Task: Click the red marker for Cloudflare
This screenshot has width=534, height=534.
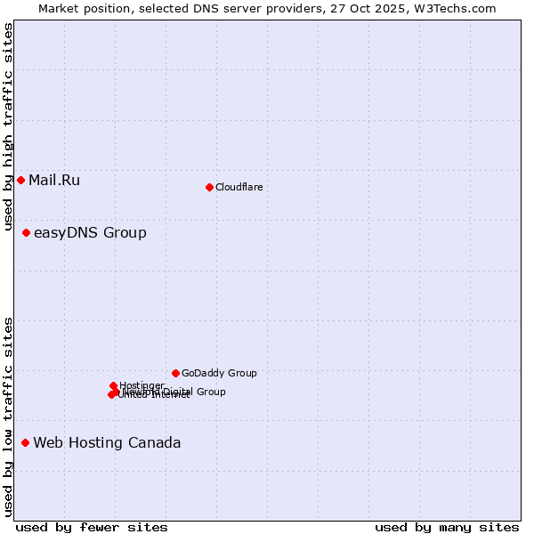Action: click(x=209, y=187)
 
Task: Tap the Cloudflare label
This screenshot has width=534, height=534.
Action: click(x=239, y=187)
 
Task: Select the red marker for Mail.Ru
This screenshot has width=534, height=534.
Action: click(x=20, y=181)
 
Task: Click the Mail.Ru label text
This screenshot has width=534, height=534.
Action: click(x=54, y=181)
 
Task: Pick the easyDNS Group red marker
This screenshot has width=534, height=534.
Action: click(x=26, y=233)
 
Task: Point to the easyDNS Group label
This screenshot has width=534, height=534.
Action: click(x=90, y=233)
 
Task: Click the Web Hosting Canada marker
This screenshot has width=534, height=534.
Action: click(x=25, y=443)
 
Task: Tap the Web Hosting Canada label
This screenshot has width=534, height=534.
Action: click(x=107, y=443)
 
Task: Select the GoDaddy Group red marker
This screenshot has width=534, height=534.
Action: click(x=175, y=374)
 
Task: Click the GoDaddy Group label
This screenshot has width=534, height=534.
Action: click(x=219, y=374)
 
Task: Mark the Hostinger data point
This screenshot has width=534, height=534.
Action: click(x=113, y=386)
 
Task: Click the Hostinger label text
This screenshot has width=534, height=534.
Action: click(x=142, y=385)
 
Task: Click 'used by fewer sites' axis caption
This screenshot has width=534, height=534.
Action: click(x=92, y=527)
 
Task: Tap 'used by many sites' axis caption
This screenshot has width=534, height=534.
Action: click(x=447, y=527)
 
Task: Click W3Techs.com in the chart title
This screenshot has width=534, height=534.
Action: click(x=459, y=8)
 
